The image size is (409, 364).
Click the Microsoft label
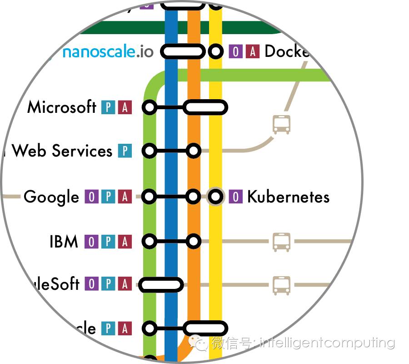pyautogui.click(x=62, y=107)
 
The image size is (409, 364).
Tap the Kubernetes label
pyautogui.click(x=288, y=197)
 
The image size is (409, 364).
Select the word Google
pyautogui.click(x=51, y=197)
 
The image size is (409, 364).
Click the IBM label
pyautogui.click(x=64, y=242)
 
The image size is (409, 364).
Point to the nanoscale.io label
pyautogui.click(x=108, y=52)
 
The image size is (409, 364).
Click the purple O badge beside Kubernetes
pyautogui.click(x=235, y=197)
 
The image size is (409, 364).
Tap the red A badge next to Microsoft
pyautogui.click(x=125, y=108)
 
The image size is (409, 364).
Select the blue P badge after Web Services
pyautogui.click(x=125, y=151)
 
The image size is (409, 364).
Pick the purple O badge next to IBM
pyautogui.click(x=91, y=242)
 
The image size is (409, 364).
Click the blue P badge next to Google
pyautogui.click(x=108, y=197)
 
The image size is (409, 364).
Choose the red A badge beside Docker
pyautogui.click(x=252, y=51)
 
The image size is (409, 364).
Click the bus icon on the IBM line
pyautogui.click(x=281, y=242)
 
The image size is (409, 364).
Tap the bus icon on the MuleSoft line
pyautogui.click(x=281, y=285)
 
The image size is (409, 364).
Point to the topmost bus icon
pyautogui.click(x=281, y=124)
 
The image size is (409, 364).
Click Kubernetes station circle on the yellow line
pyautogui.click(x=216, y=197)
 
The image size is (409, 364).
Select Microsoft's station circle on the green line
pyautogui.click(x=150, y=108)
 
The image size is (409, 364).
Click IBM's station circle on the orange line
pyautogui.click(x=194, y=241)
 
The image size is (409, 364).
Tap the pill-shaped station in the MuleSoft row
pyautogui.click(x=161, y=285)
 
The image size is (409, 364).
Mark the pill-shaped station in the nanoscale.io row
pyautogui.click(x=183, y=51)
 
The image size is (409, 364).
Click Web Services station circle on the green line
pyautogui.click(x=150, y=151)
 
